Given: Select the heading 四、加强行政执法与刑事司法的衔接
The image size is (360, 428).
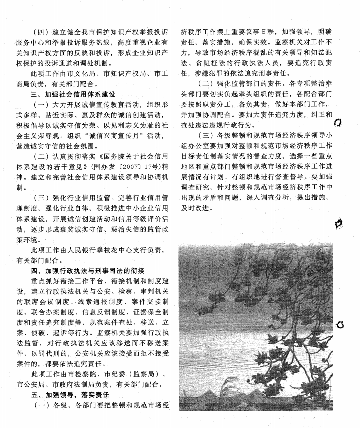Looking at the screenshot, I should [x=88, y=271].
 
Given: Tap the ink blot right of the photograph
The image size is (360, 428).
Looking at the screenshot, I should [x=340, y=325].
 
